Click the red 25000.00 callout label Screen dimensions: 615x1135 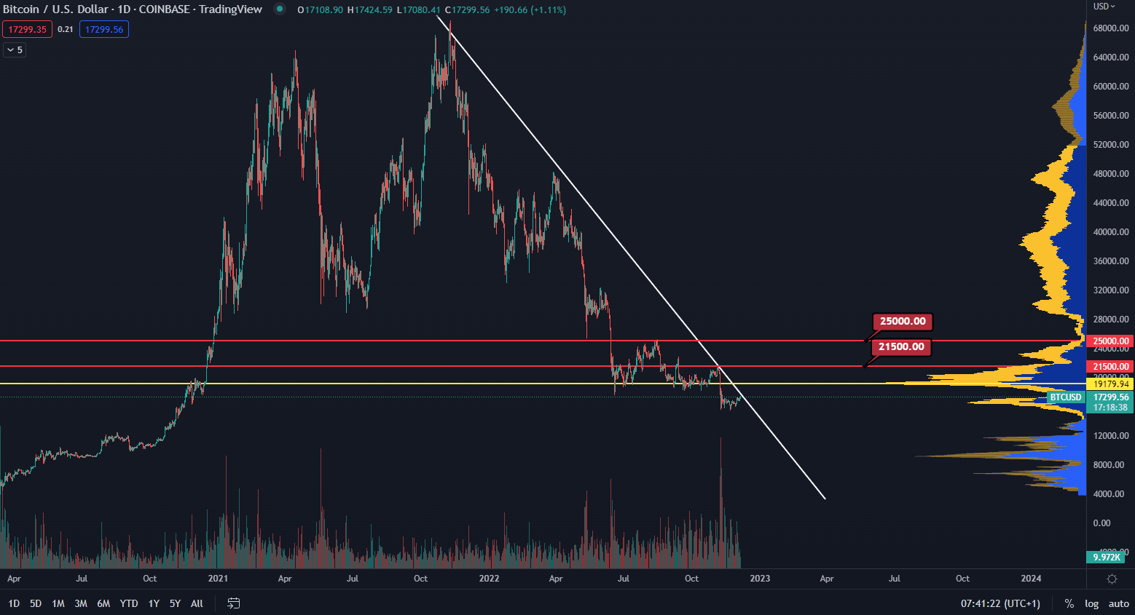(903, 322)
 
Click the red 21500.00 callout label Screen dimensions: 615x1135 (901, 347)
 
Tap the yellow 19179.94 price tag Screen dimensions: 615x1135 (1110, 384)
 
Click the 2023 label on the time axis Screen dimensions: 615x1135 (760, 579)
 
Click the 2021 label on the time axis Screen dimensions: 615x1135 (218, 579)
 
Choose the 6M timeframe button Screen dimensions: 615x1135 (103, 603)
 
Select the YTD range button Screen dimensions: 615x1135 (129, 603)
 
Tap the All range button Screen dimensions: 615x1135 (197, 603)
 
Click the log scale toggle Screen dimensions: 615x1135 (1091, 603)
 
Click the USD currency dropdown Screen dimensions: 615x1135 (1104, 7)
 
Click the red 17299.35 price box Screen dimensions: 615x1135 (27, 29)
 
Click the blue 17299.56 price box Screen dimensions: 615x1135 (104, 29)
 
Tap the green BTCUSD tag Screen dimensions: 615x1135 (1066, 397)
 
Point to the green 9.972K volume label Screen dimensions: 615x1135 (1107, 557)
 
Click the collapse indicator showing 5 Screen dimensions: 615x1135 (15, 49)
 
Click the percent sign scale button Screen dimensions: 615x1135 (1069, 603)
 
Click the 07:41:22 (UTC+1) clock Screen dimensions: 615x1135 (1000, 603)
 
